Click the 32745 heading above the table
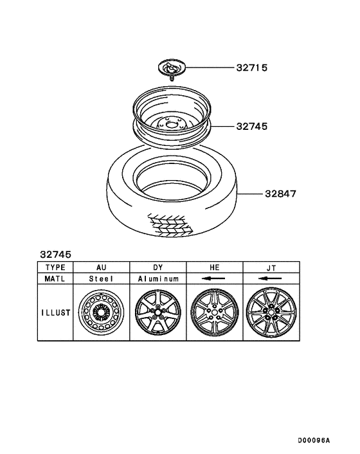pos(56,255)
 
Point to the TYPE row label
pos(56,267)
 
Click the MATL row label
pos(56,279)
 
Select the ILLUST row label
pos(56,313)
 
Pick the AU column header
pos(101,267)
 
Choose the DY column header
pos(157,267)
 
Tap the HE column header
pos(214,267)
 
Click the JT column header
pos(271,267)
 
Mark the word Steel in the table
pos(101,279)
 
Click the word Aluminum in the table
pos(157,279)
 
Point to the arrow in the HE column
pos(214,279)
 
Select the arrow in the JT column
pos(271,279)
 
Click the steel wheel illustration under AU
pos(101,313)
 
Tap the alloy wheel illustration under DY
pos(157,313)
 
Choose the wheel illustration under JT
pos(271,313)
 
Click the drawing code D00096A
pos(313,440)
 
